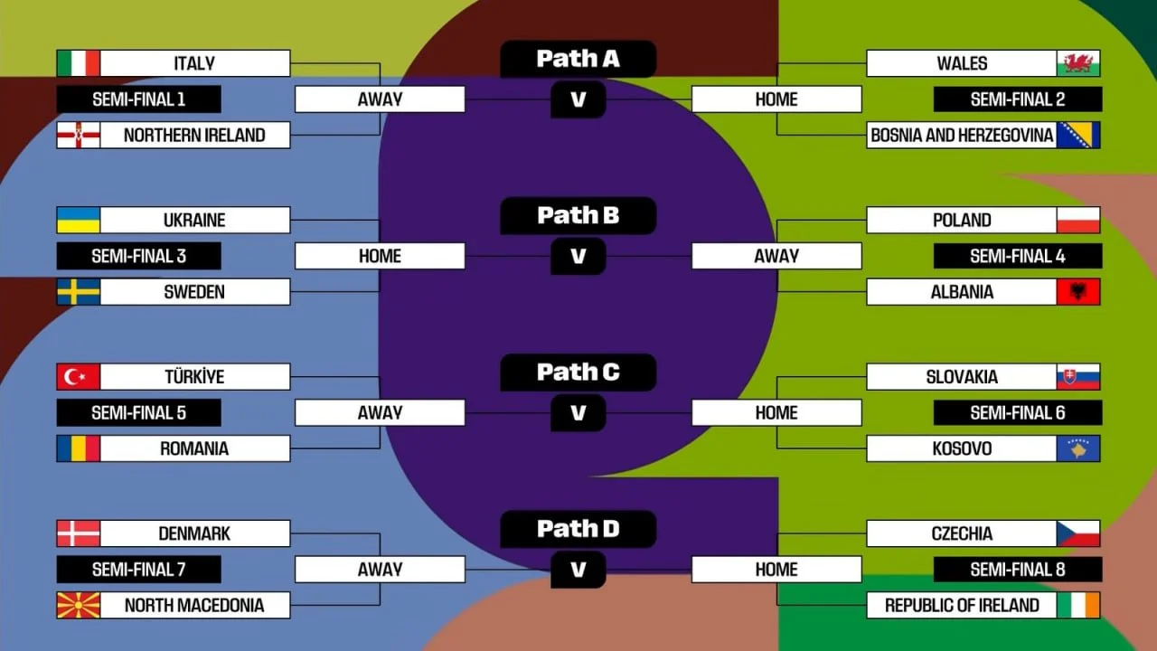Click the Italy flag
pos(79,63)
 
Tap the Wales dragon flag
pos(1078,63)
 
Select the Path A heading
pos(578,59)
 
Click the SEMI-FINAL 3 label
pos(138,256)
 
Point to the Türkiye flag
pos(79,376)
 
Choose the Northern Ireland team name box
pos(194,135)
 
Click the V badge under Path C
pos(578,413)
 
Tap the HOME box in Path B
pos(380,256)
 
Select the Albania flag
pos(1078,292)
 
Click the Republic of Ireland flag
pos(1078,605)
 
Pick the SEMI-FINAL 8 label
pos(1018,570)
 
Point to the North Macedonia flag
pos(79,605)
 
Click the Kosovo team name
pos(962,448)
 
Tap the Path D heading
pos(578,529)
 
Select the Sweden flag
pos(79,292)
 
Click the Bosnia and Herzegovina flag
pos(1078,135)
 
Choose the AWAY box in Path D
pos(380,570)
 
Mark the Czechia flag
pos(1078,533)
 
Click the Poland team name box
pos(962,220)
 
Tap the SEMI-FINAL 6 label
pos(1018,413)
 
